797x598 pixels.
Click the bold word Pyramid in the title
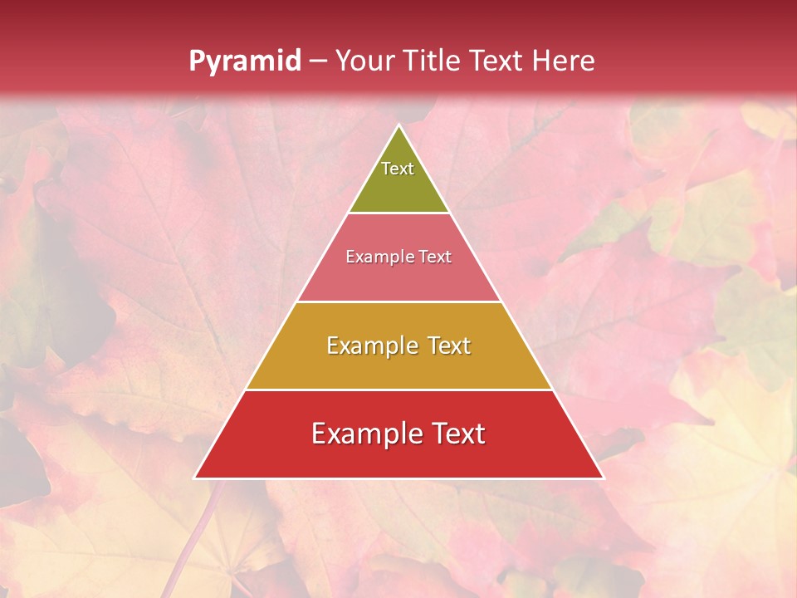(245, 61)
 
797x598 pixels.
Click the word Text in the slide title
(496, 61)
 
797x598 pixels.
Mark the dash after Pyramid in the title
(318, 61)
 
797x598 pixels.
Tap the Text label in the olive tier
(398, 169)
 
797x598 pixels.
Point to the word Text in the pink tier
(435, 257)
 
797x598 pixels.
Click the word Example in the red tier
(364, 434)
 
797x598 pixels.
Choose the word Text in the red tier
(457, 434)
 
